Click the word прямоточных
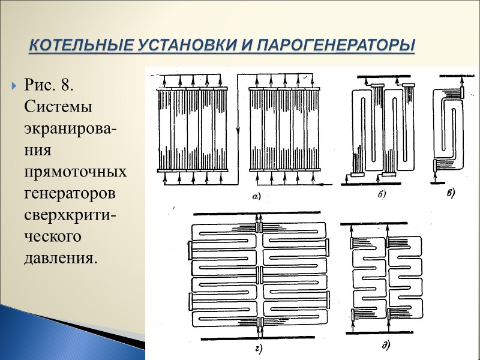[75, 172]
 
